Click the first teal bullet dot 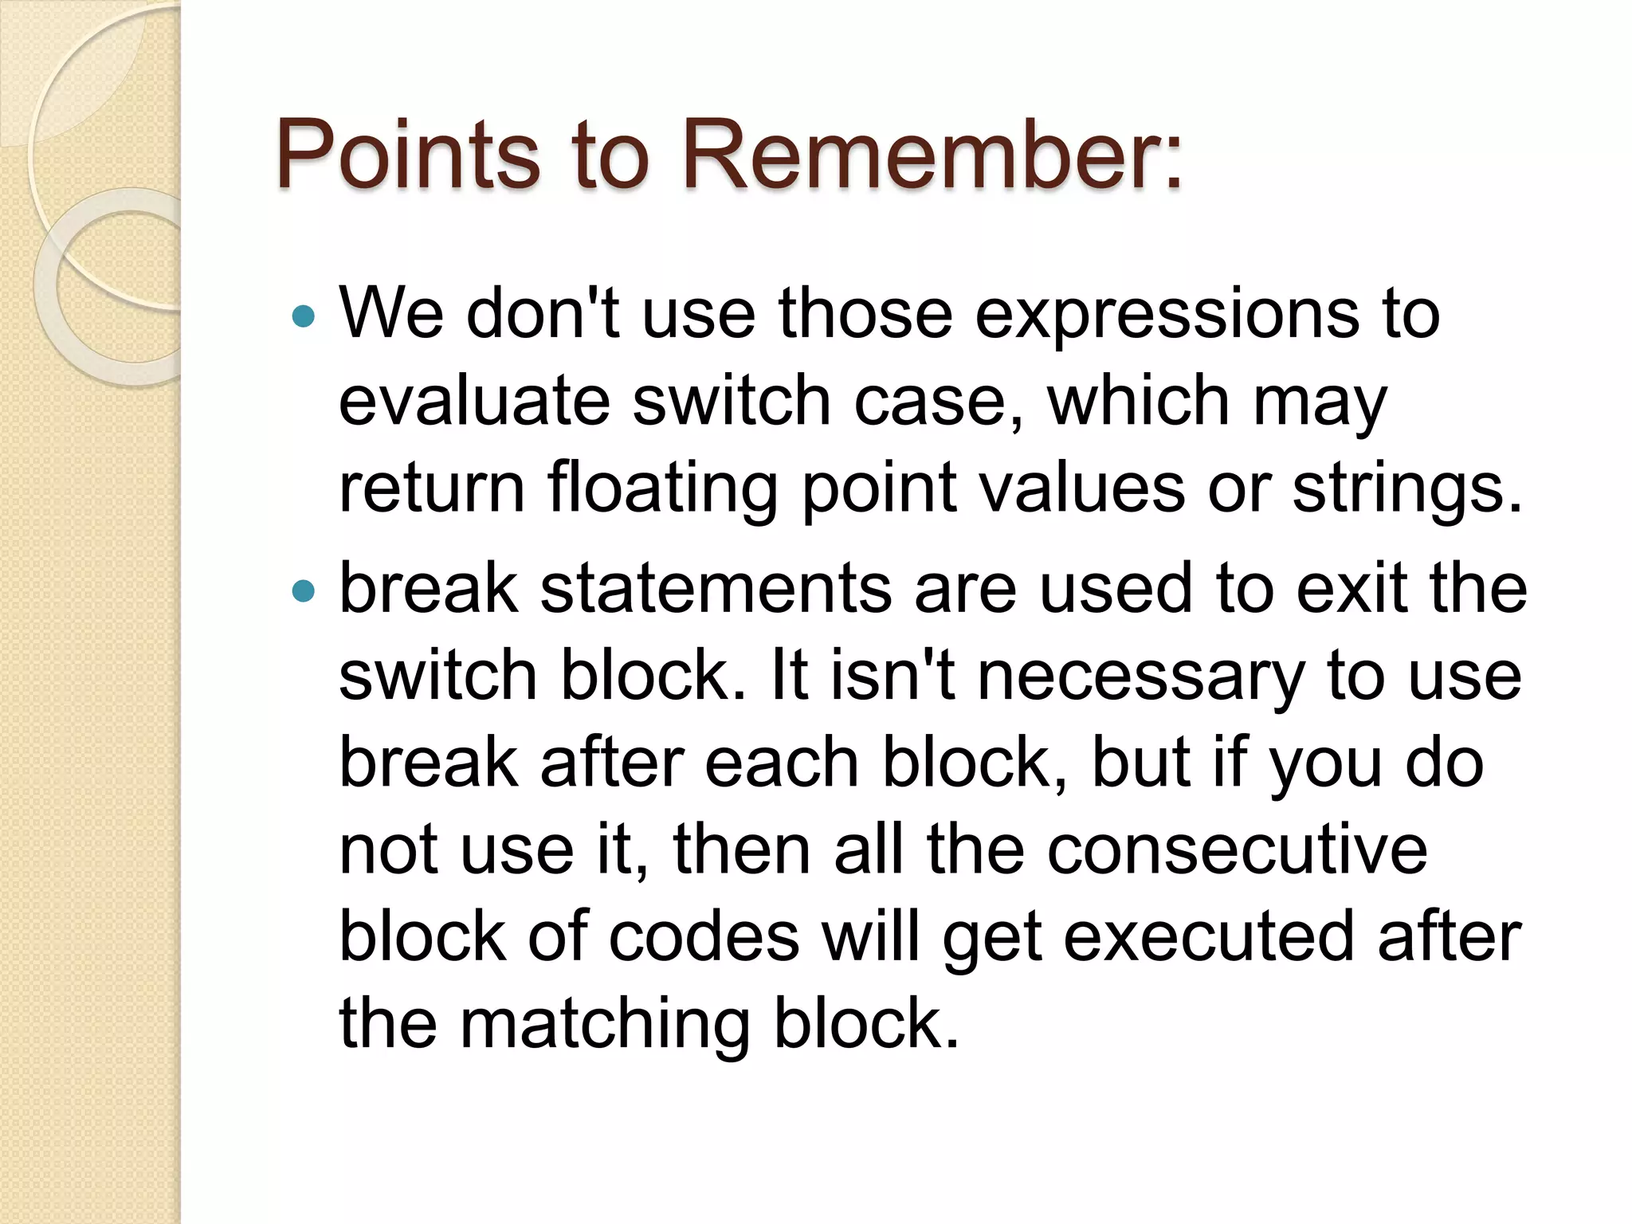pyautogui.click(x=304, y=317)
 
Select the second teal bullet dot pyautogui.click(x=304, y=591)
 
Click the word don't pyautogui.click(x=543, y=314)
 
